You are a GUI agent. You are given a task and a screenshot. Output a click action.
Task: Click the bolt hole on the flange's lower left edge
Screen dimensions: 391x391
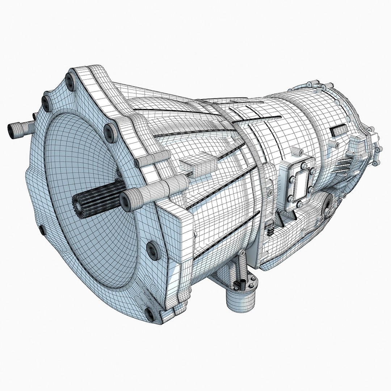[x=42, y=230]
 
